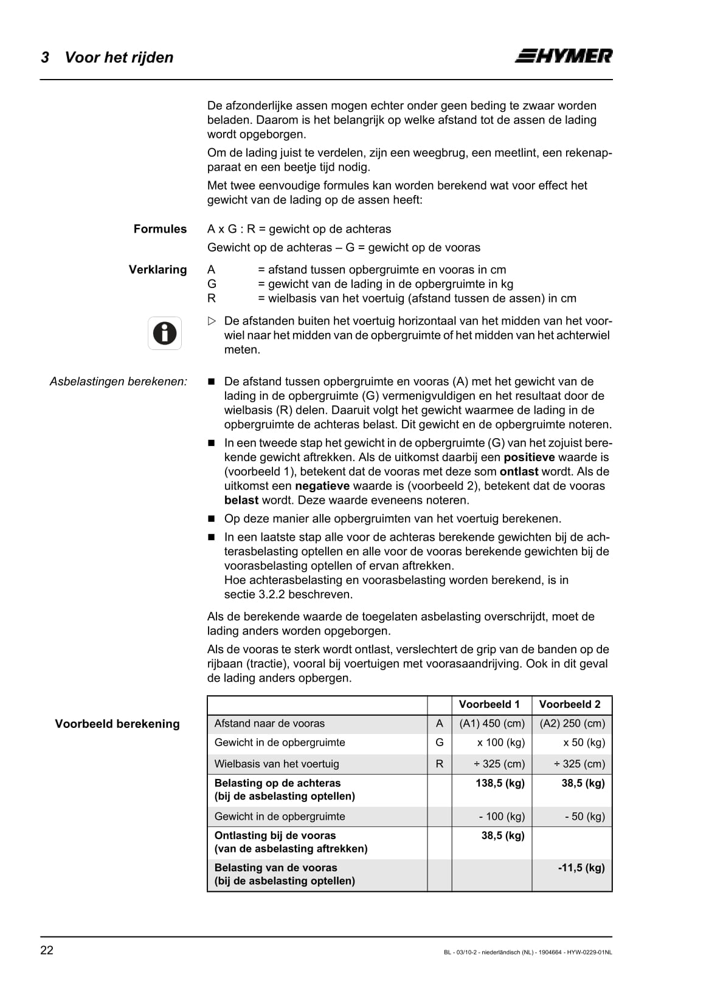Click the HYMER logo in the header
pos(564,56)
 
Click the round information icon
pos(165,333)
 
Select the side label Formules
pos(160,229)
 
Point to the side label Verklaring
pos(157,270)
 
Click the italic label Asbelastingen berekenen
pos(118,382)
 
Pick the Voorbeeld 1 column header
pos(489,704)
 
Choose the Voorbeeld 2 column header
pos(569,704)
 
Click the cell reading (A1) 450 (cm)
pos(492,723)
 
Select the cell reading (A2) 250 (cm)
pos(572,723)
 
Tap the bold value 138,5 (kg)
pos(500,783)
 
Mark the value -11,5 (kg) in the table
pos(581,868)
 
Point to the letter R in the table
pos(440,764)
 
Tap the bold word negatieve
pos(322,485)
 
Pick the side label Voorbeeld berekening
pos(117,724)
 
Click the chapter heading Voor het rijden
pos(119,57)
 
